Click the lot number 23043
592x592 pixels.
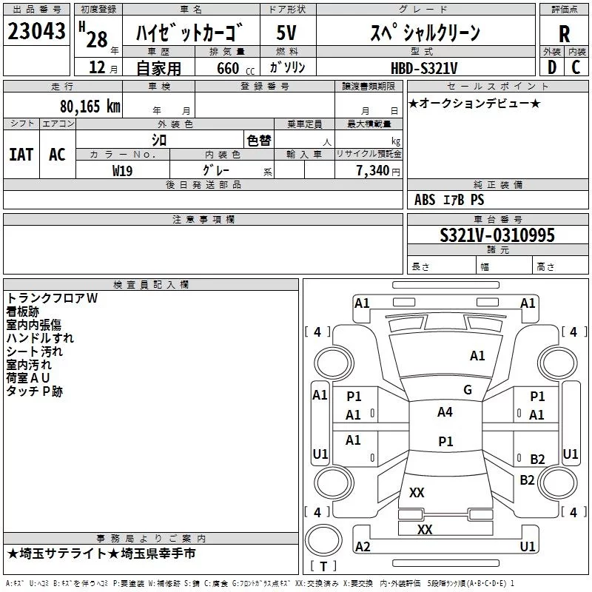click(37, 32)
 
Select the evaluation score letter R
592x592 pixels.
click(564, 34)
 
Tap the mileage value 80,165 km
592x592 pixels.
click(90, 106)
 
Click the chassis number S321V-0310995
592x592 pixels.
click(497, 235)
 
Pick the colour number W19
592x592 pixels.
click(123, 170)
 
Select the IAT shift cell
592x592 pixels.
click(21, 154)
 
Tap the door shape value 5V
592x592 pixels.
click(286, 33)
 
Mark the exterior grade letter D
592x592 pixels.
click(551, 67)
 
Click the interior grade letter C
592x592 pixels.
click(576, 67)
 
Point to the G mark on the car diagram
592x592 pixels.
click(468, 390)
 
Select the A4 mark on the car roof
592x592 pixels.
click(445, 412)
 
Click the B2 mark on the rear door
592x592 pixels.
click(537, 460)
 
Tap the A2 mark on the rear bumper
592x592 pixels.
click(363, 546)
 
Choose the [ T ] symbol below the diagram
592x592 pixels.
click(323, 567)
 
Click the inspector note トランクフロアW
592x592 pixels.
click(52, 298)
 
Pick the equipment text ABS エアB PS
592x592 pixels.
click(449, 200)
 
